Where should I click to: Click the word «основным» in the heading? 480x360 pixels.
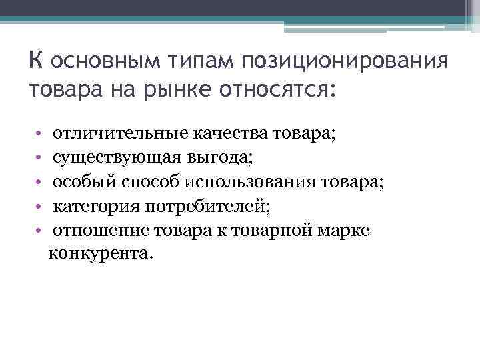tap(95, 62)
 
